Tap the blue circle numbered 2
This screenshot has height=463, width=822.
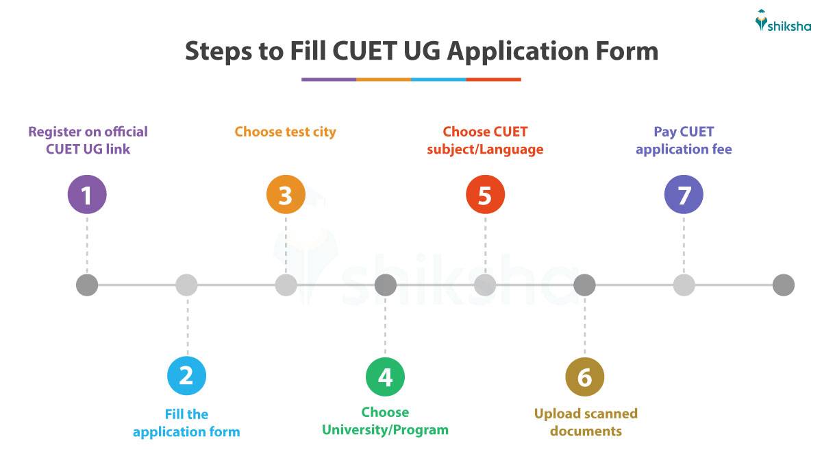coord(186,375)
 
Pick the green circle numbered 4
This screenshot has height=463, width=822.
coord(385,377)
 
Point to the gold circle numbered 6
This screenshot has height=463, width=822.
coord(584,377)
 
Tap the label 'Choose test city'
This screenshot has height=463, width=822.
coord(286,131)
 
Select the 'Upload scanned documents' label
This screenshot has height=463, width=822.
coord(586,422)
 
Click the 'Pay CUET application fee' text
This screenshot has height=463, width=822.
coord(684,140)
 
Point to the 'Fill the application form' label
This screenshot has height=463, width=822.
coord(186,423)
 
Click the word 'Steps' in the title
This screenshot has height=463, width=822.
coord(217,52)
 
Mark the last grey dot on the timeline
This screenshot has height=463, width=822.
coord(783,285)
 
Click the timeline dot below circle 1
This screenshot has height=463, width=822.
coord(87,285)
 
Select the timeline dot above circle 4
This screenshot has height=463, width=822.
coord(385,285)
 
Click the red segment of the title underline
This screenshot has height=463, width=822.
coord(493,80)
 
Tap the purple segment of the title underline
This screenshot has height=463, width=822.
coord(329,80)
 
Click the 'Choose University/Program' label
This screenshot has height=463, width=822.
coord(385,421)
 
